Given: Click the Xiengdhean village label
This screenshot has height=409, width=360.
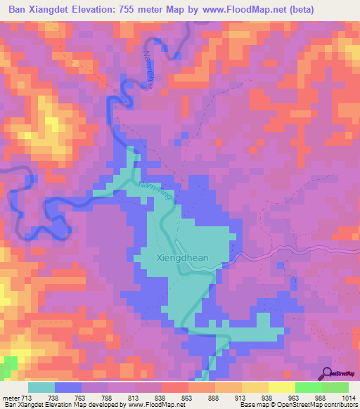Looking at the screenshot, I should pos(182,258).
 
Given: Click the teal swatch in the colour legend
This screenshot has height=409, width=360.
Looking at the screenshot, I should pos(41,387).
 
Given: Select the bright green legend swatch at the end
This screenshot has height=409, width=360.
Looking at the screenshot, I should pos(335,387).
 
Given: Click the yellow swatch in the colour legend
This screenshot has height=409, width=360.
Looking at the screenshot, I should pos(282,387).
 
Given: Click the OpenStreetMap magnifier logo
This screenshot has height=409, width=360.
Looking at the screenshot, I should pos(326,375).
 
